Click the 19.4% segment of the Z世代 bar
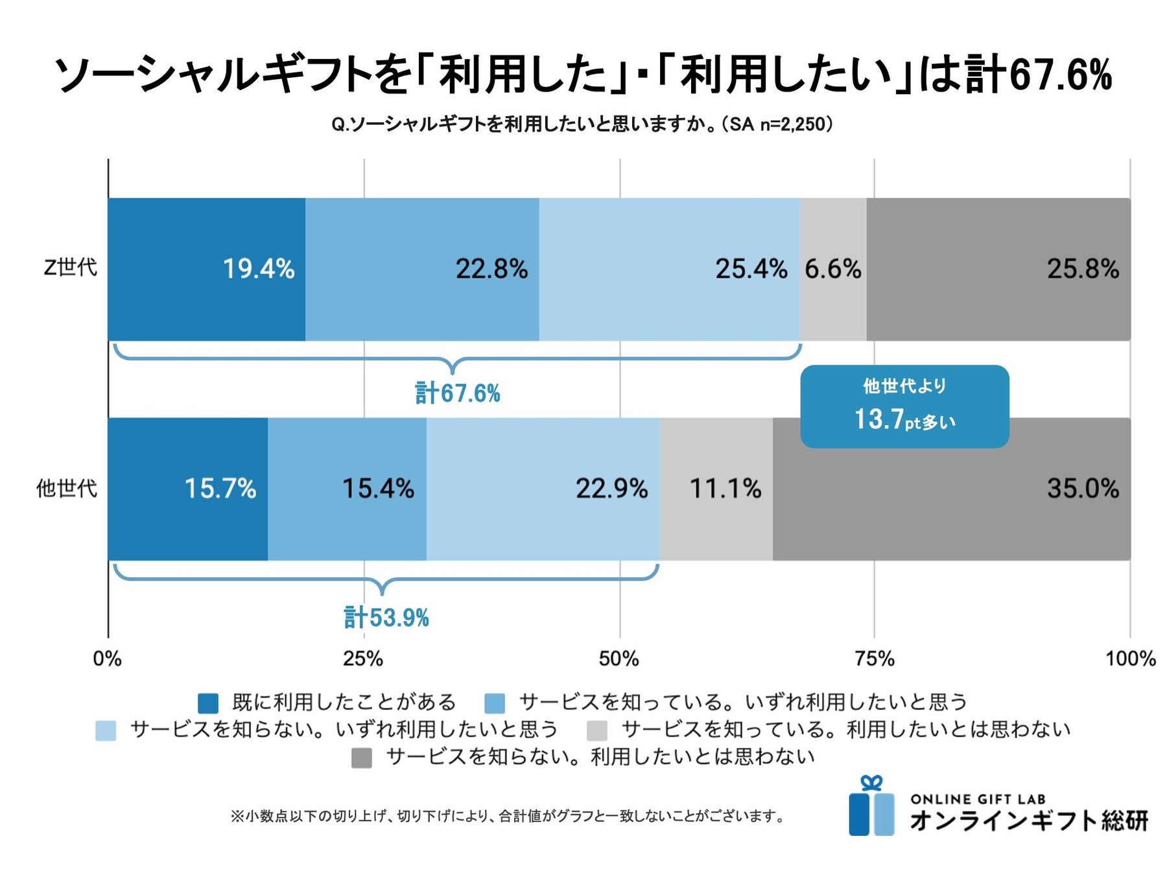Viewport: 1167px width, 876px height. click(x=206, y=269)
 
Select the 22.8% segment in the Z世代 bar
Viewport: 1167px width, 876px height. click(x=421, y=269)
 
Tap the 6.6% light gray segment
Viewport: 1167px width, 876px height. click(x=833, y=269)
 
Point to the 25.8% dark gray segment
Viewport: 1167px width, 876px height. click(x=998, y=269)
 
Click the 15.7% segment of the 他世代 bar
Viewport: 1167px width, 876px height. click(x=188, y=489)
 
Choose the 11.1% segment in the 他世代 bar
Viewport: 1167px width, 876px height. click(x=716, y=489)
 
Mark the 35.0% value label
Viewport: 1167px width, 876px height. click(x=1083, y=489)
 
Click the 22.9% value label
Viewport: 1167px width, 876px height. click(x=611, y=489)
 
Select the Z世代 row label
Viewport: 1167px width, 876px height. click(x=70, y=267)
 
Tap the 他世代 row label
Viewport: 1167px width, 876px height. click(x=66, y=488)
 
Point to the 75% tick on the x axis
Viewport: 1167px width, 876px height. click(x=875, y=659)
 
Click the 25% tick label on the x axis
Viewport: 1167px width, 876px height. click(x=363, y=659)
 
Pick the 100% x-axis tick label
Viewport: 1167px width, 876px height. click(x=1130, y=659)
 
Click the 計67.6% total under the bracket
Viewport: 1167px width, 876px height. click(x=458, y=393)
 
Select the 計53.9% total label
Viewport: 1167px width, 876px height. click(x=386, y=617)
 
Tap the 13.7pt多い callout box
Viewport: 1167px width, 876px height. click(x=904, y=407)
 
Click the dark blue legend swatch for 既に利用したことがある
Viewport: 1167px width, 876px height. click(x=208, y=703)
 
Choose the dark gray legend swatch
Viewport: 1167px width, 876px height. click(x=361, y=758)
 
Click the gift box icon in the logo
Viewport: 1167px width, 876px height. click(x=871, y=807)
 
